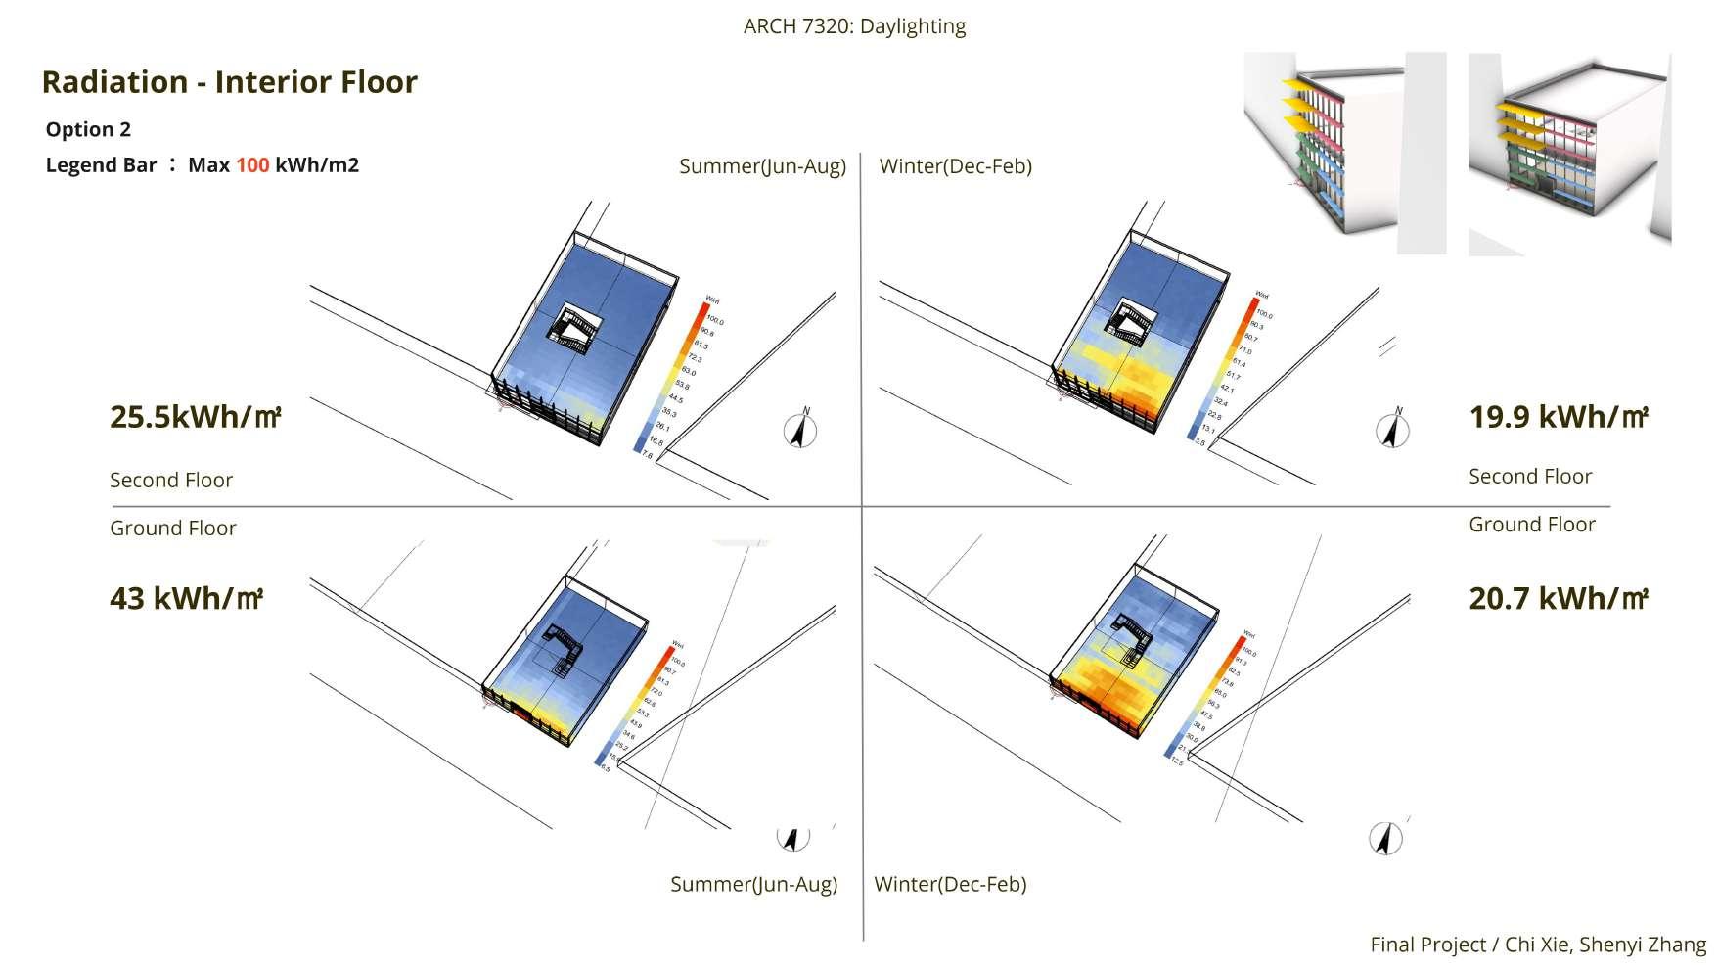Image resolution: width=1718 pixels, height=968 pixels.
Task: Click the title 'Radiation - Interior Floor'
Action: [x=230, y=82]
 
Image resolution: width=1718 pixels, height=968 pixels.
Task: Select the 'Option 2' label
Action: [x=88, y=129]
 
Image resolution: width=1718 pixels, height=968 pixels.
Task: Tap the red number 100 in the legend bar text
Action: [x=252, y=164]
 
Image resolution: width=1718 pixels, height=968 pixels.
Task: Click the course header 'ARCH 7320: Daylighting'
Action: [x=854, y=26]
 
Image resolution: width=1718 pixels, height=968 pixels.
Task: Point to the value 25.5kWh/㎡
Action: [x=196, y=417]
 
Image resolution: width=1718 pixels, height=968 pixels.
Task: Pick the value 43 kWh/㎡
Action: [x=186, y=598]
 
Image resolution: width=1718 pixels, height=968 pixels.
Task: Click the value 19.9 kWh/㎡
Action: [x=1559, y=417]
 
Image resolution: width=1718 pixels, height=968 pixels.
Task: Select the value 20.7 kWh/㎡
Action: [x=1559, y=598]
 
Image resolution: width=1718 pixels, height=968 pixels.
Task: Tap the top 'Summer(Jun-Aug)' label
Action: [x=762, y=166]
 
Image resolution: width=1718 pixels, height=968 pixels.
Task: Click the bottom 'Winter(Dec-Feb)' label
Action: [x=950, y=884]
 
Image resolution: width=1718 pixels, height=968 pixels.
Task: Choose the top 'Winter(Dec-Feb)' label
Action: [x=956, y=166]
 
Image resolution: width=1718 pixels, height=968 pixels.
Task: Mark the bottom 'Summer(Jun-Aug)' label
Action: [x=753, y=884]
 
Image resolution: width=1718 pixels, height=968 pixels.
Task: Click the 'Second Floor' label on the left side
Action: [x=171, y=480]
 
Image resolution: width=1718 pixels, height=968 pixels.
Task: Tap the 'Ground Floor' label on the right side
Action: [x=1531, y=525]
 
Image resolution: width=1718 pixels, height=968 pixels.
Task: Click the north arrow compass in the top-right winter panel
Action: [x=1392, y=430]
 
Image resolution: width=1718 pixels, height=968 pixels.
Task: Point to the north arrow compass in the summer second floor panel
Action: [x=800, y=430]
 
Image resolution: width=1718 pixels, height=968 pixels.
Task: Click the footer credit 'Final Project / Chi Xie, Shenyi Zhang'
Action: [x=1538, y=945]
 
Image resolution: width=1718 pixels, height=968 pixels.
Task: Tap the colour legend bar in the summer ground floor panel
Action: [x=635, y=704]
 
